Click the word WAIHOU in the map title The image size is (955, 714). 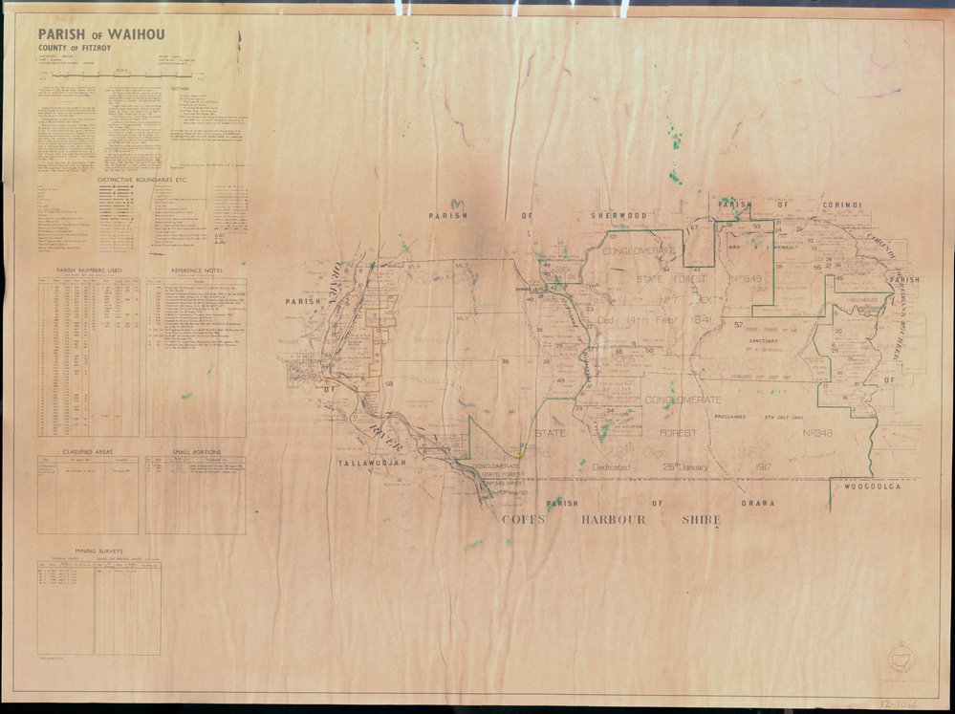[133, 34]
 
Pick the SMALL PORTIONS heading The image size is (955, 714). [196, 451]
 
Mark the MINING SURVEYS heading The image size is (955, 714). [98, 552]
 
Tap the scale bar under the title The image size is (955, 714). [119, 74]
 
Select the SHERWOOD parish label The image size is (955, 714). [619, 215]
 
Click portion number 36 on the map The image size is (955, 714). [505, 360]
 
